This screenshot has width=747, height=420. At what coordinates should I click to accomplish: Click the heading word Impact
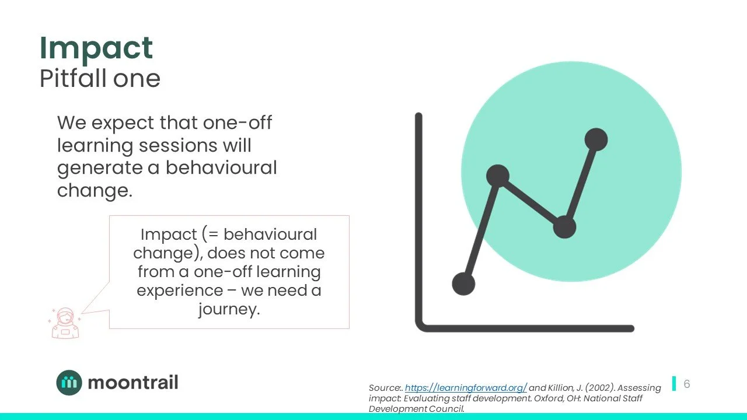coord(96,48)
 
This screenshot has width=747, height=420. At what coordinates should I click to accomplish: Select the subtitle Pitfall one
coord(100,78)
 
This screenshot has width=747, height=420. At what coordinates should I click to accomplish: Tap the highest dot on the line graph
coord(596,139)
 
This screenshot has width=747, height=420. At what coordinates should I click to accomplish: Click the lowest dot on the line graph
coord(464,284)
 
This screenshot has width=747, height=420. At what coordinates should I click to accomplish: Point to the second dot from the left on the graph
coord(497,176)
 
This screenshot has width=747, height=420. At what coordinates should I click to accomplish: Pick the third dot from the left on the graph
coord(564,226)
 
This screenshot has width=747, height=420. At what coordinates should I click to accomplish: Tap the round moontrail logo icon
coord(69,383)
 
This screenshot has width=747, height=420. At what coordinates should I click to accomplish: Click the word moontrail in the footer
coord(132,383)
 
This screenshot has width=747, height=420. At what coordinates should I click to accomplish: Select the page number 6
coord(687,384)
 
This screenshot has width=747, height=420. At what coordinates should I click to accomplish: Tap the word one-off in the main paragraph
coord(237,123)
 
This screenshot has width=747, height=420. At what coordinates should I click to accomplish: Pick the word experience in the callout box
coord(180,290)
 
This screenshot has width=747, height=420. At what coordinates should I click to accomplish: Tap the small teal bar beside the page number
coord(674,383)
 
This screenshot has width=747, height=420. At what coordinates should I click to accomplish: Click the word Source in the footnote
coord(384,388)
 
